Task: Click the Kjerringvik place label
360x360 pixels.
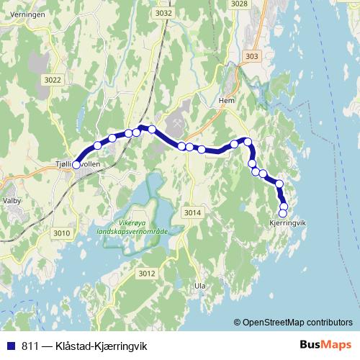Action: [287, 222]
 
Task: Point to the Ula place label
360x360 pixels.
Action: [199, 286]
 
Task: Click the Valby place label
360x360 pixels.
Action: [12, 200]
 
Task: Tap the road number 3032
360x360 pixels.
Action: [163, 13]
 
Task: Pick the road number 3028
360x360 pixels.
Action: [239, 4]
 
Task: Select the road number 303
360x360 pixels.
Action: [251, 57]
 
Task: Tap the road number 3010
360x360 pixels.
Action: [62, 233]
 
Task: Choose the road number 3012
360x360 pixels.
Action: [147, 273]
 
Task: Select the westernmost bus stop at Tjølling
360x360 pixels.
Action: [76, 165]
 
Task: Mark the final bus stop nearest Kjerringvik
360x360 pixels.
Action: [283, 213]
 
